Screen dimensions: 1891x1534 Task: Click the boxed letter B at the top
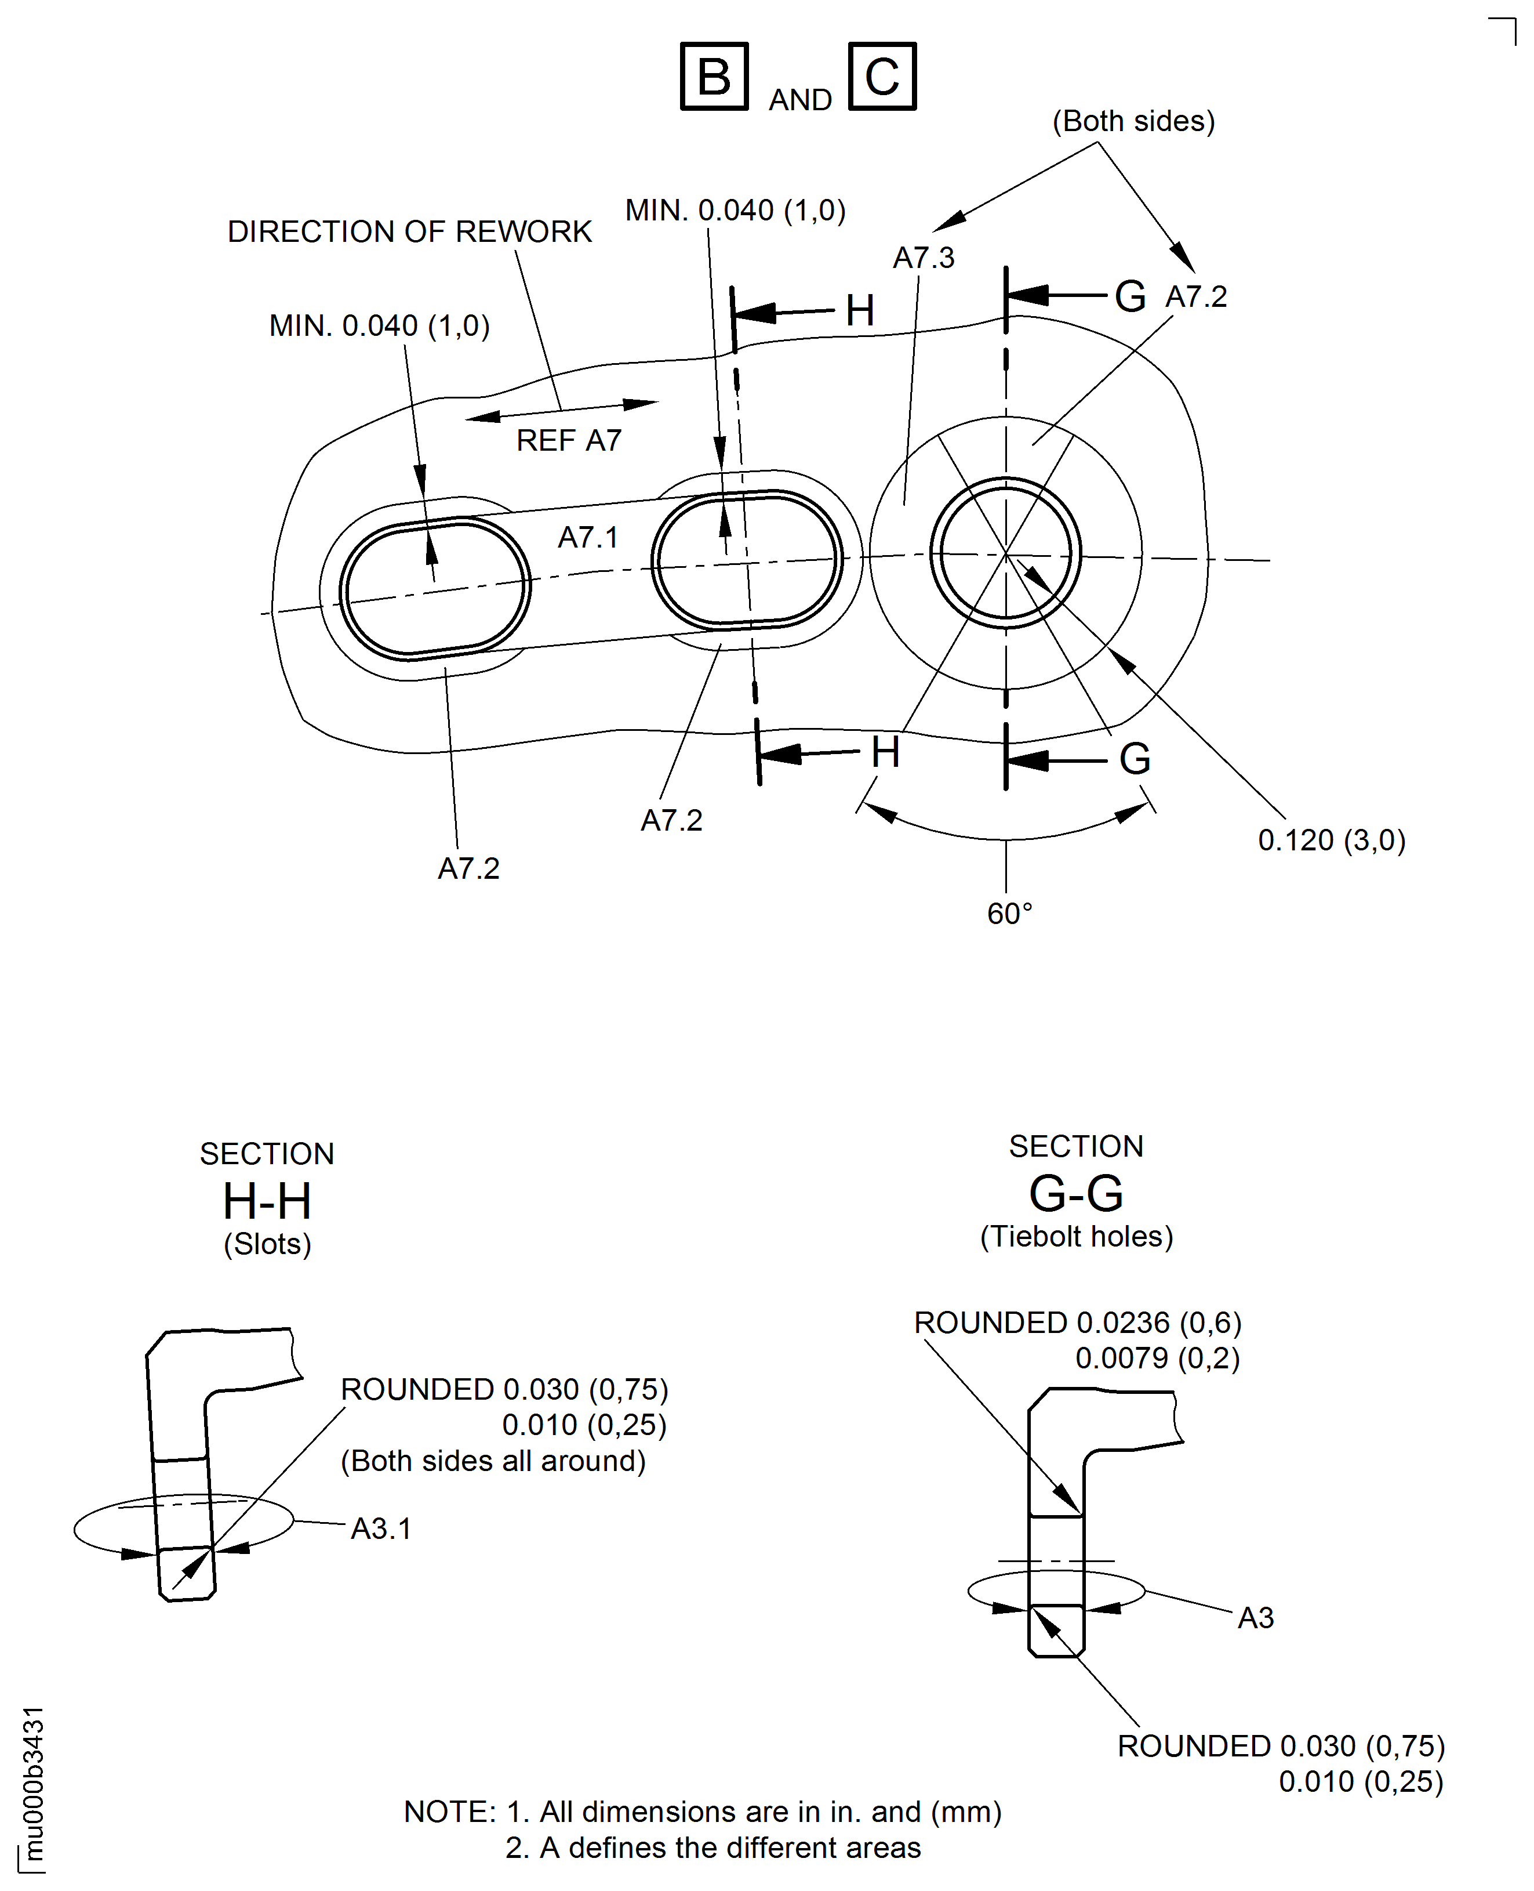point(714,76)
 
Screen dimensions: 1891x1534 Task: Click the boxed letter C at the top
point(882,76)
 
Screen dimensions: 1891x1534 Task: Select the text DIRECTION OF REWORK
point(409,231)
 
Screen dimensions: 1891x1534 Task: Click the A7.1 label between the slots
point(588,538)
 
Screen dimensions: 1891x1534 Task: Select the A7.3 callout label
point(924,258)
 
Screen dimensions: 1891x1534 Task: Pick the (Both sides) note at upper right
point(1133,121)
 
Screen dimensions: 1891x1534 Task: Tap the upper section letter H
point(860,310)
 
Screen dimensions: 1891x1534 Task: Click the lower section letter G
point(1135,759)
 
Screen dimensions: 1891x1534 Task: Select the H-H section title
point(267,1201)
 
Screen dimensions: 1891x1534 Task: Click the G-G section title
point(1075,1194)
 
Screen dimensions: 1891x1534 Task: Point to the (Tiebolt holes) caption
point(1076,1236)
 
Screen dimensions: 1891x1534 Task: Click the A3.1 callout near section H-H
point(381,1528)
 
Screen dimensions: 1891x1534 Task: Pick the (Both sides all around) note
point(493,1461)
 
